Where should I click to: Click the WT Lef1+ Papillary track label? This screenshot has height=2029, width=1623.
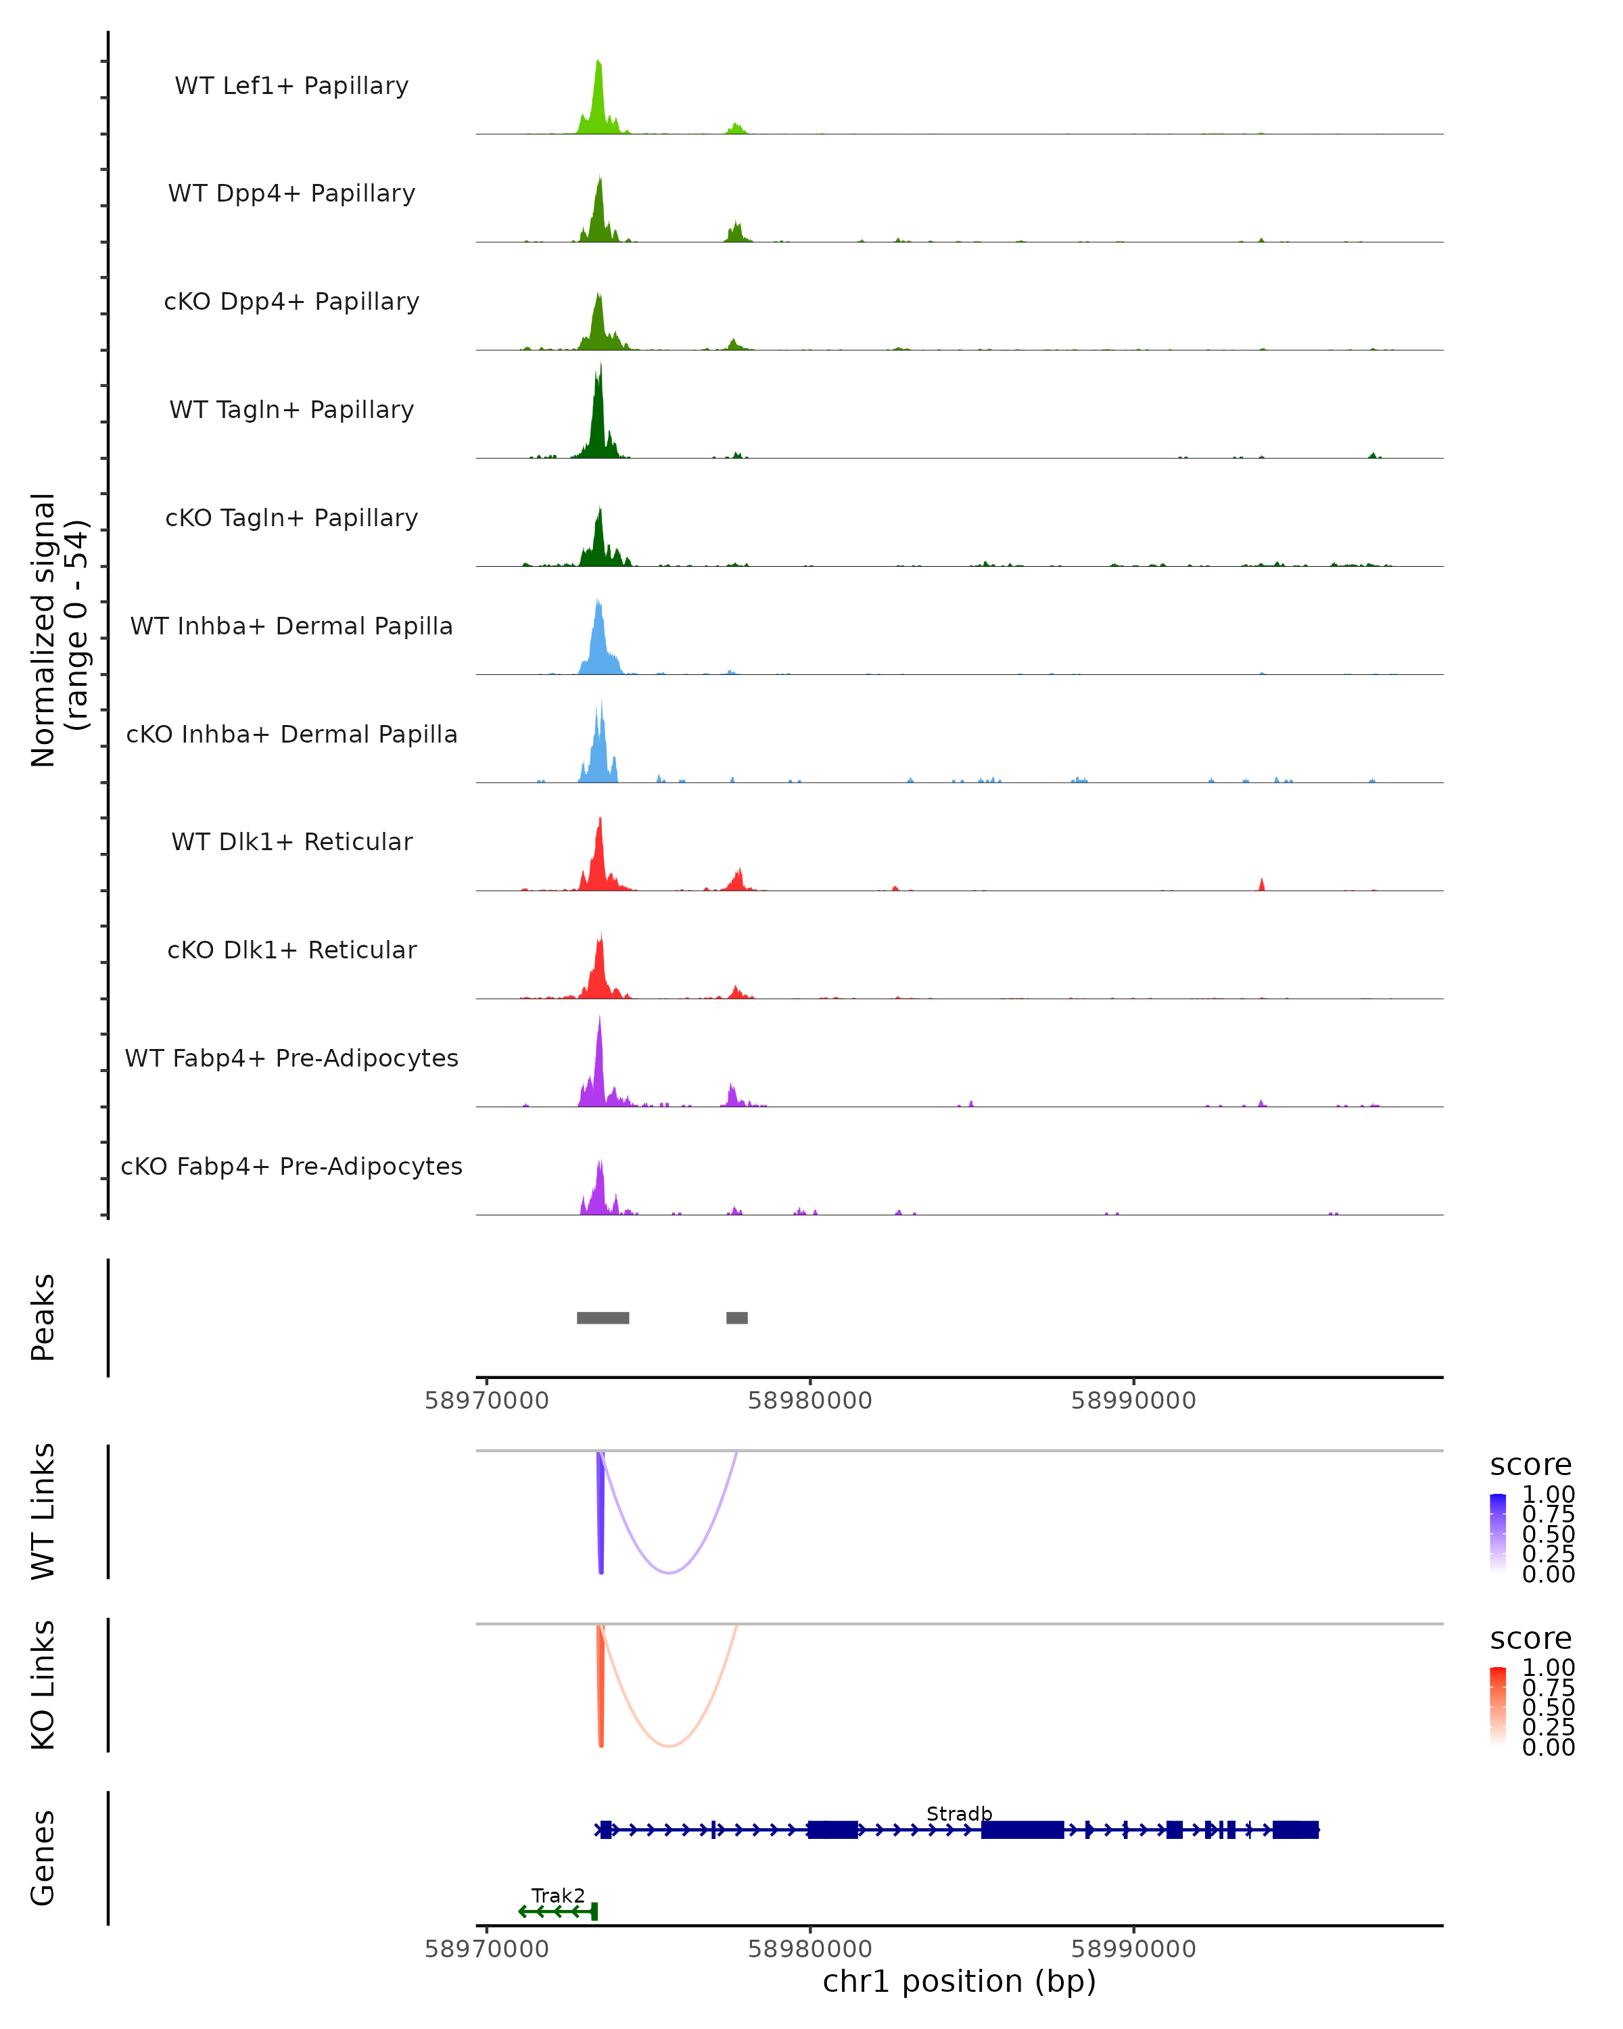point(291,86)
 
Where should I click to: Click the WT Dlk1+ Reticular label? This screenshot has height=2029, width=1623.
point(291,841)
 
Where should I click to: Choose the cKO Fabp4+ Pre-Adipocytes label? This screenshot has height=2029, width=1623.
point(291,1166)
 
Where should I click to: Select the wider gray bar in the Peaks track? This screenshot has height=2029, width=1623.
point(603,1317)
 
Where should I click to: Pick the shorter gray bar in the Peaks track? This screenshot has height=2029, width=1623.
point(736,1317)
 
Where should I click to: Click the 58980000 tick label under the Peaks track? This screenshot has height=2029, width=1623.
point(810,1401)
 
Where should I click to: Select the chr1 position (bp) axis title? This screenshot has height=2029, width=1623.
point(959,1982)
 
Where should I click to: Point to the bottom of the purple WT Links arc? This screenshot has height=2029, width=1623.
point(668,1572)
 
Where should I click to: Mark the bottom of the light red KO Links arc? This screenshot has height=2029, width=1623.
point(668,1746)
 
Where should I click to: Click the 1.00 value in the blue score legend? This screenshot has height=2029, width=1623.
point(1549,1495)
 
